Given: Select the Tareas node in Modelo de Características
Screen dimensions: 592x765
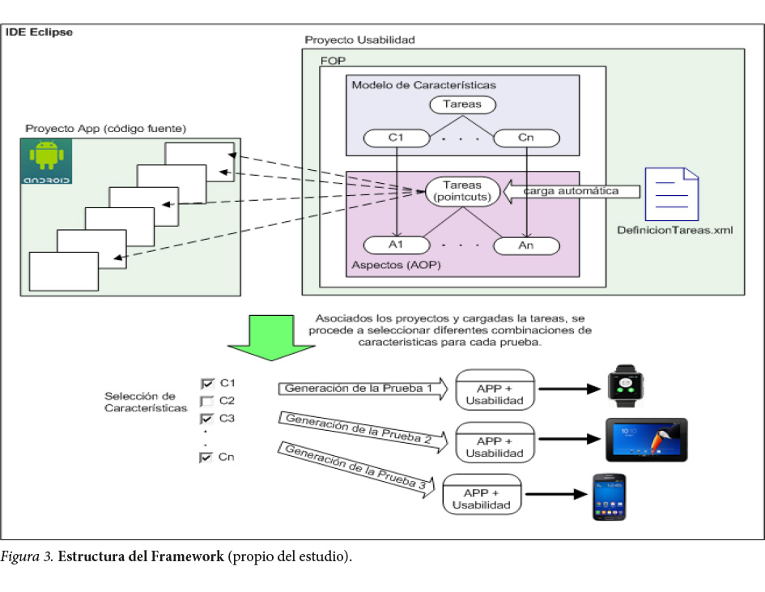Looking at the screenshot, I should click(462, 104).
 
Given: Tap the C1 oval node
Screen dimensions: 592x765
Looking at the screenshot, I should click(396, 138).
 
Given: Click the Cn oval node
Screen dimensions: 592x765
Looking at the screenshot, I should click(525, 138).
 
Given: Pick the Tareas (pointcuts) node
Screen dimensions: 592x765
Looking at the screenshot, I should click(462, 191).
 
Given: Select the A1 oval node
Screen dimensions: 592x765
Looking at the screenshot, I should click(396, 245).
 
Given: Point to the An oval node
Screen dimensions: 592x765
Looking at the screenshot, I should click(525, 245).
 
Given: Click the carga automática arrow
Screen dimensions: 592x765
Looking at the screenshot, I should click(571, 192).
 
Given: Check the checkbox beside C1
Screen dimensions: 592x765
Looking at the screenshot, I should click(206, 383).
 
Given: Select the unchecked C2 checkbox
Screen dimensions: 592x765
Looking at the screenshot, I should click(206, 401).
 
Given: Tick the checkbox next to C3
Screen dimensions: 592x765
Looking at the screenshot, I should click(206, 419).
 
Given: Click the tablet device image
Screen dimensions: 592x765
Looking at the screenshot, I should click(646, 440).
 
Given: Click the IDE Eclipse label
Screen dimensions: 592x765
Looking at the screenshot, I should click(39, 32).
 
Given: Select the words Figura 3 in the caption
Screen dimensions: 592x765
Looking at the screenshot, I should click(27, 558).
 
